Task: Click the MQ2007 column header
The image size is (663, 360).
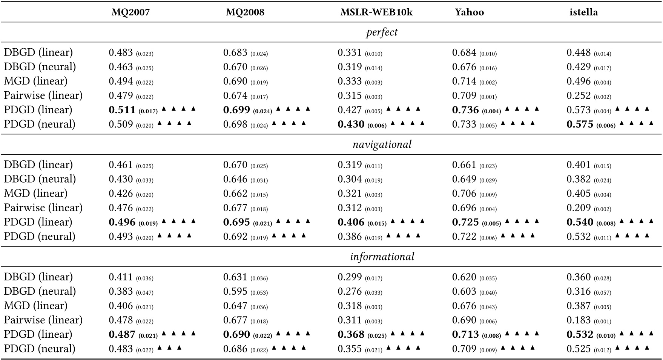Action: [130, 12]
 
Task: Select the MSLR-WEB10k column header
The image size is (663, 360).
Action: [376, 12]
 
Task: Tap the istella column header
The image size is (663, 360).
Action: [583, 12]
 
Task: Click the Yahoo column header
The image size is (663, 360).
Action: [469, 12]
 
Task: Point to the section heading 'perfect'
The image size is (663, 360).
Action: [382, 32]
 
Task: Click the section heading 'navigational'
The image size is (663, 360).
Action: [382, 145]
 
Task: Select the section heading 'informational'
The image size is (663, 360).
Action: [382, 257]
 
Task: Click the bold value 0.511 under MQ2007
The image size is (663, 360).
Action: [122, 110]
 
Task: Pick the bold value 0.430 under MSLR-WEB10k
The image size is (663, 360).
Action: [351, 124]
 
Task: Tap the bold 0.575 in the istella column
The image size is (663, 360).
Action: [580, 124]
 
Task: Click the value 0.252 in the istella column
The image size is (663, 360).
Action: [579, 96]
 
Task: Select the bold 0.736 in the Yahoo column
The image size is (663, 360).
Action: [465, 110]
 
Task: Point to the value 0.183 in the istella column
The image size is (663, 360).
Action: [579, 320]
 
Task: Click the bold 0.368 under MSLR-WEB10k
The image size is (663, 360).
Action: [351, 334]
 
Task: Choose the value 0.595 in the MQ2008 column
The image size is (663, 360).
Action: [235, 291]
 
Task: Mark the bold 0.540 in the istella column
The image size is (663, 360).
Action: [580, 222]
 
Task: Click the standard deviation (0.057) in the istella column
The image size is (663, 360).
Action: [602, 292]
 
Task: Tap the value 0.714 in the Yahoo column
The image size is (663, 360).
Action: [464, 81]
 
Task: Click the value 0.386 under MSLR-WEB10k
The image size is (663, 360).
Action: [350, 237]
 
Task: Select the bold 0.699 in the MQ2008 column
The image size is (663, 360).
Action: [236, 110]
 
